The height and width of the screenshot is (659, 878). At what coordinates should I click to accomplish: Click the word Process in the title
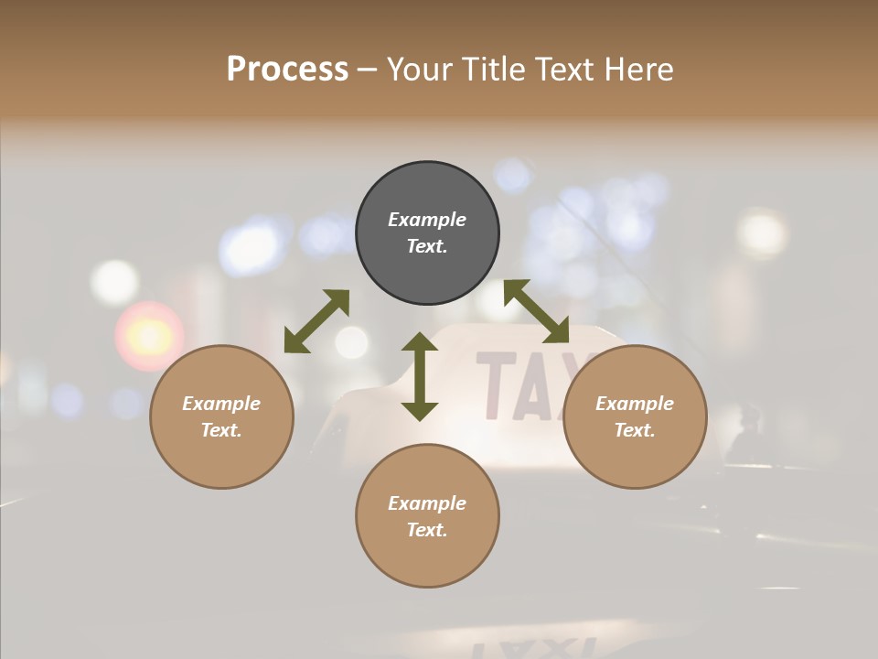(287, 70)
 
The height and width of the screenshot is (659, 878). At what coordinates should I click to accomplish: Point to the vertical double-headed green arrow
(420, 377)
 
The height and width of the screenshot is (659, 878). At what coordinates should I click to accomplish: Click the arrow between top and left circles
(316, 321)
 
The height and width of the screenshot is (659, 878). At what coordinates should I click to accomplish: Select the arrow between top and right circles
(536, 312)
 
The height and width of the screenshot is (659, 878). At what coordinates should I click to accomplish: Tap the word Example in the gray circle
(427, 220)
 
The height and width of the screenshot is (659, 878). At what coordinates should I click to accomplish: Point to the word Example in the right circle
(635, 404)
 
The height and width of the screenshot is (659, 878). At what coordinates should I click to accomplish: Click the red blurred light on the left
(148, 336)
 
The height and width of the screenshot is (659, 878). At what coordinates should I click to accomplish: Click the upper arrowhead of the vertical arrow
(420, 343)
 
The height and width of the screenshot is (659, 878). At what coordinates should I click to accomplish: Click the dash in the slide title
(368, 70)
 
